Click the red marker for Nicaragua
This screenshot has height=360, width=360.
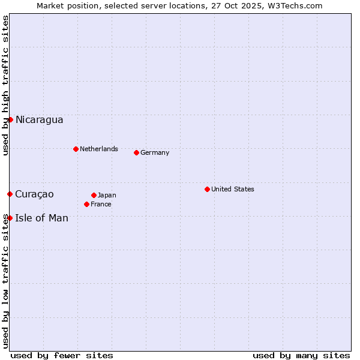(10, 119)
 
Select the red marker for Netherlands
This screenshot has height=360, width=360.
(76, 149)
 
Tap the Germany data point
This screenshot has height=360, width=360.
(136, 152)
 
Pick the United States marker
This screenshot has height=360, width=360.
(207, 189)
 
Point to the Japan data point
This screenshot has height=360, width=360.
(94, 195)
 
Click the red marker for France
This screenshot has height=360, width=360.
(86, 204)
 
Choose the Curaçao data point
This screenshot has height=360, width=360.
(10, 194)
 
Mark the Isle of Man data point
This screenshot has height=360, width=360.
(10, 218)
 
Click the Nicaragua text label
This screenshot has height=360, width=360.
(39, 120)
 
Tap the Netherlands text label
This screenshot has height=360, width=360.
(98, 149)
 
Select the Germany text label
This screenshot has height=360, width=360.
(155, 152)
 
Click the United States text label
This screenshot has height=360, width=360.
(232, 189)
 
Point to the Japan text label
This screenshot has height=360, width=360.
(107, 195)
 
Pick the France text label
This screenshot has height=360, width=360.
(101, 204)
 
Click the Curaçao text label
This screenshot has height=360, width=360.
(34, 194)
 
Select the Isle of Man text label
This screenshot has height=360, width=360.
(41, 218)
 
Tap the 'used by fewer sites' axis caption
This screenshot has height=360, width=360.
(62, 355)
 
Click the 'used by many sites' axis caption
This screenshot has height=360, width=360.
(301, 355)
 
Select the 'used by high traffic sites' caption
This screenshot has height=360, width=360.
(5, 85)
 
